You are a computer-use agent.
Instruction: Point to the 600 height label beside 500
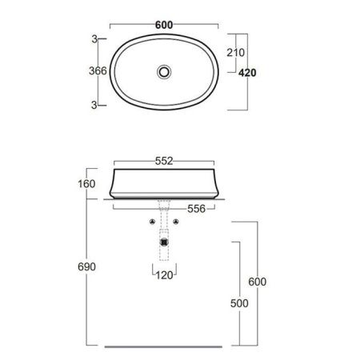point(258,282)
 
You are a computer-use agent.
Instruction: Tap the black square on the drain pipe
point(165,238)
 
